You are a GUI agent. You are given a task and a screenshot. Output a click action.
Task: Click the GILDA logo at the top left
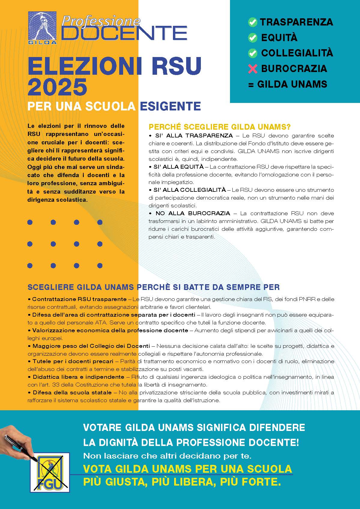43,28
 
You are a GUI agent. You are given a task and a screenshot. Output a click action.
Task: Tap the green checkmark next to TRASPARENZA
253,22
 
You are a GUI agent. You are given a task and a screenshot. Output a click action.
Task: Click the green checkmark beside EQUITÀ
253,38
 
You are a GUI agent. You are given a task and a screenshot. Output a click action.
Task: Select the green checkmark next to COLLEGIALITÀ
253,53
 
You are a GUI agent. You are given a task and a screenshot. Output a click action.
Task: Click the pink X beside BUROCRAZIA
253,69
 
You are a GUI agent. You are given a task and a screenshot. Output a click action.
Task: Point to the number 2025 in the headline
57,87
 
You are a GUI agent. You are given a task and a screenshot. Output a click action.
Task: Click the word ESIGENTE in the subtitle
170,106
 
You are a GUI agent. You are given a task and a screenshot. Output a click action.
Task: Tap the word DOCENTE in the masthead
124,33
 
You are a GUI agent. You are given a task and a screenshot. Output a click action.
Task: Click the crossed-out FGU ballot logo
50,472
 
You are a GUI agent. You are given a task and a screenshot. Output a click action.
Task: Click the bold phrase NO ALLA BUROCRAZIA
193,213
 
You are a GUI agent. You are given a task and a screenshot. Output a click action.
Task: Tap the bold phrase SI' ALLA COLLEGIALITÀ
189,190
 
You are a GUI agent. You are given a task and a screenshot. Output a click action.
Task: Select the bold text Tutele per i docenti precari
73,361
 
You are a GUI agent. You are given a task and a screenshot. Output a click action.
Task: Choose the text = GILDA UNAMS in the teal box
288,84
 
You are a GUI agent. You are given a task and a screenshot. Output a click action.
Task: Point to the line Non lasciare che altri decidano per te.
167,456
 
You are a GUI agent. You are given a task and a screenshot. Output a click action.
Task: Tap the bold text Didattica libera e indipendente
78,377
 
